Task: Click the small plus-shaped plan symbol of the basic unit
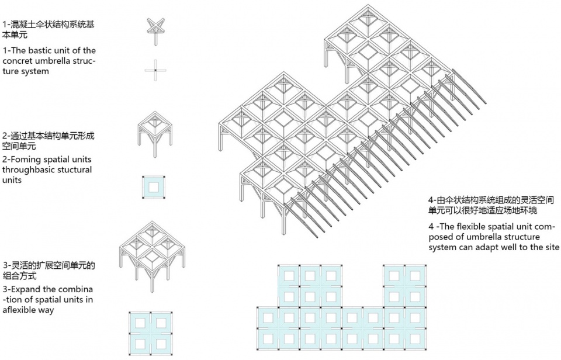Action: (155, 70)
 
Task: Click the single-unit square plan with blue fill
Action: (154, 187)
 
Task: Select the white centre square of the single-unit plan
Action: (154, 187)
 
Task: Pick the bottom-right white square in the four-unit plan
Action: (161, 344)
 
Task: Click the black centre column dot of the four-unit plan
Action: (151, 334)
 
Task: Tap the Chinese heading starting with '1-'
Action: (49, 29)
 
